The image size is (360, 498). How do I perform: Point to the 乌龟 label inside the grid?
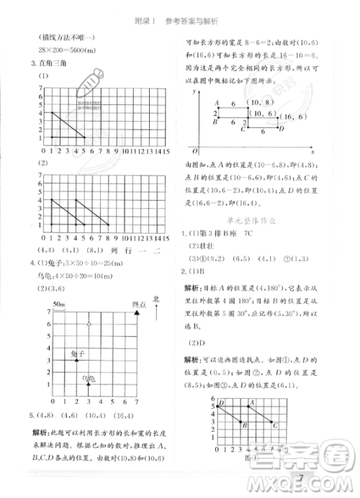(x=88, y=378)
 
